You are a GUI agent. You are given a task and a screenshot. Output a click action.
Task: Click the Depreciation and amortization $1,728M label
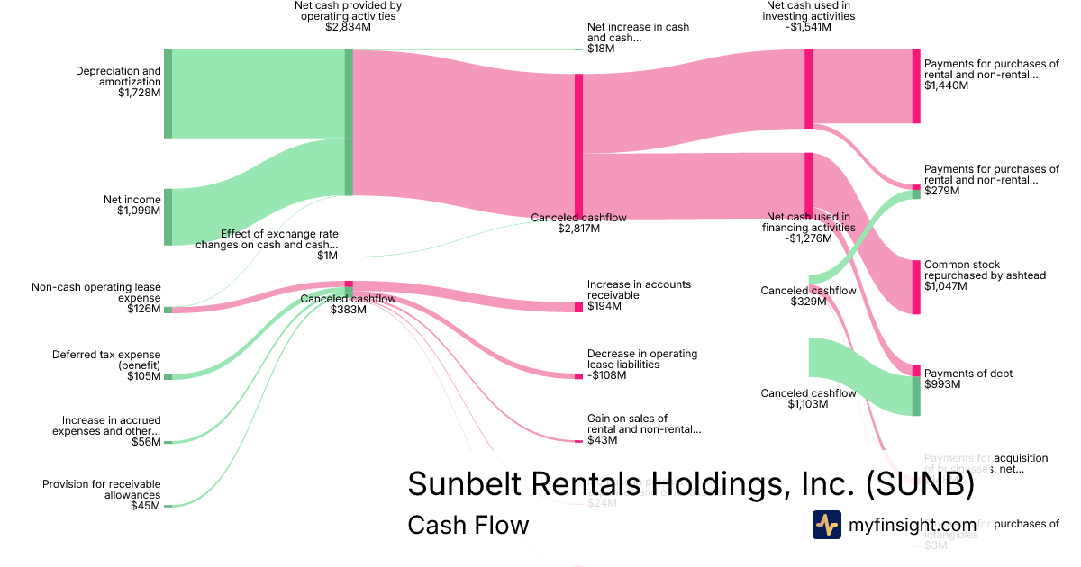(118, 82)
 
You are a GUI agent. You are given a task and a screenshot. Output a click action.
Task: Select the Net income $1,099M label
(132, 205)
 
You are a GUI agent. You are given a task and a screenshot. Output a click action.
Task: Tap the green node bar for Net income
(168, 217)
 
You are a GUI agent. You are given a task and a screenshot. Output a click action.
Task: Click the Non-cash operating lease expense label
(96, 298)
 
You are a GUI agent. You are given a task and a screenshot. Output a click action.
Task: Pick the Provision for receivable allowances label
(102, 495)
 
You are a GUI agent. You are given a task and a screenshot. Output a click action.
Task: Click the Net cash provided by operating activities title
(348, 16)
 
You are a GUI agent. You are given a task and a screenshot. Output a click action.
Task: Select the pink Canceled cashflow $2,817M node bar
(578, 144)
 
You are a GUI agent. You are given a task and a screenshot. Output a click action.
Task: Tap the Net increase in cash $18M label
(638, 37)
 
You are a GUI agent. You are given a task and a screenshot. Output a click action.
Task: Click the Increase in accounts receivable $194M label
(639, 295)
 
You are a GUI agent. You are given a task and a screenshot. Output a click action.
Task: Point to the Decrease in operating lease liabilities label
(642, 364)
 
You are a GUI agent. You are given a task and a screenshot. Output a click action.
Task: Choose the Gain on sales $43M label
(643, 428)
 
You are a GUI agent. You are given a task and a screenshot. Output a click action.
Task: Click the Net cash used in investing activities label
(807, 16)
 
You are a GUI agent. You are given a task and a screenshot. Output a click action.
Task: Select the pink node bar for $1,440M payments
(916, 86)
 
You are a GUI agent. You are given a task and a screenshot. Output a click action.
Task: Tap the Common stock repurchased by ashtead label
(985, 275)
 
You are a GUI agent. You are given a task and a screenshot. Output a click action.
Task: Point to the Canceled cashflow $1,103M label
(808, 399)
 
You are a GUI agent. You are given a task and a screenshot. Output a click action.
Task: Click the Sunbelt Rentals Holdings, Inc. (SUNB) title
(691, 484)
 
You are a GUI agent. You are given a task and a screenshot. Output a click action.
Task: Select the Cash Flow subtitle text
(468, 525)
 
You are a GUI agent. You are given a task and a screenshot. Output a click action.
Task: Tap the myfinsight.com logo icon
(826, 525)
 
